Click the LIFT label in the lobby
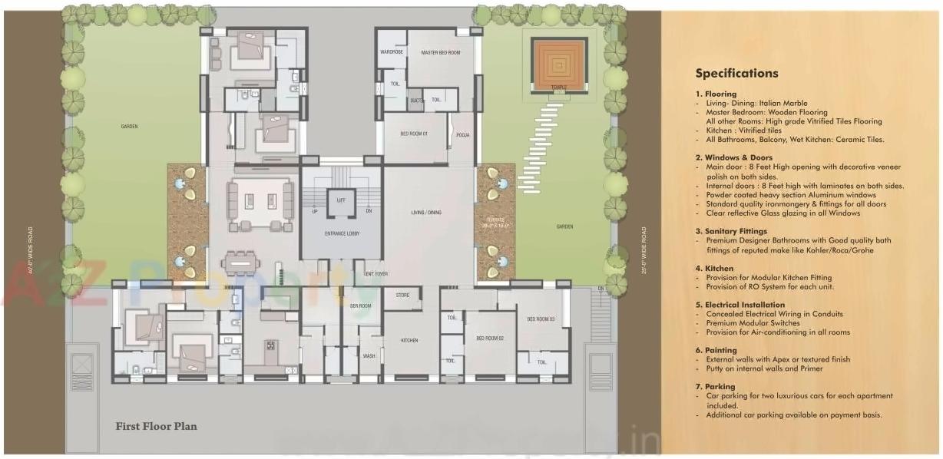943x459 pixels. click(x=341, y=200)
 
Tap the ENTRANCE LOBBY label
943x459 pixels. click(x=341, y=233)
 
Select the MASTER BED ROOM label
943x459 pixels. click(x=441, y=52)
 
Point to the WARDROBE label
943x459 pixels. click(x=392, y=52)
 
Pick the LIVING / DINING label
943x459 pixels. click(x=426, y=213)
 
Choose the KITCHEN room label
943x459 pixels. click(x=409, y=340)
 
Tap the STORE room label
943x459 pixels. click(x=402, y=296)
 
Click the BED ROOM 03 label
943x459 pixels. click(x=541, y=319)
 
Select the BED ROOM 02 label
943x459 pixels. click(x=489, y=338)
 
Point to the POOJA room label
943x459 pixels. click(x=462, y=135)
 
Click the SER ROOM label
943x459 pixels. click(x=360, y=305)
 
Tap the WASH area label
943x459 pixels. click(x=369, y=356)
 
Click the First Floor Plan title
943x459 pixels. click(x=156, y=426)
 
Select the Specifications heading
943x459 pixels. click(x=736, y=74)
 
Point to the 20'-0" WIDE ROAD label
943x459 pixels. click(x=644, y=249)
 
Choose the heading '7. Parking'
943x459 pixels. click(x=715, y=386)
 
